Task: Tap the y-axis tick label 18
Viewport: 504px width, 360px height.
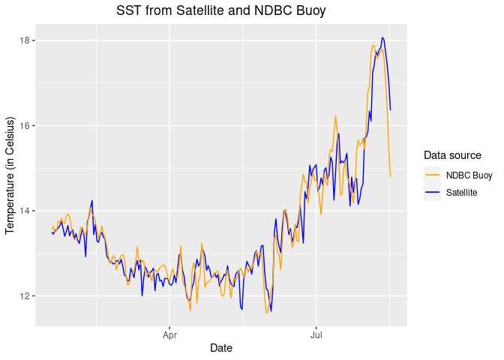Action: coord(24,40)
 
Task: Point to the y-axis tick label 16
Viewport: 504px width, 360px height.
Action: coord(24,125)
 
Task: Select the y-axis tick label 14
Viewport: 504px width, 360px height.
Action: coord(24,211)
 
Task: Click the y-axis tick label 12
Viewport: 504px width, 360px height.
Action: coord(24,296)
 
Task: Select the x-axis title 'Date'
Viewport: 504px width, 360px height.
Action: coord(221,348)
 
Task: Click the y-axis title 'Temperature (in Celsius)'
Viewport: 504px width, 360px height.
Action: coord(10,175)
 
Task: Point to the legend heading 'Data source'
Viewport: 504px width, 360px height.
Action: coord(452,155)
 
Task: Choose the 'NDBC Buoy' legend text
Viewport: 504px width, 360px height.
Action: coord(469,175)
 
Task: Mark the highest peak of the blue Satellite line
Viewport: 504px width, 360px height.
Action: coord(382,37)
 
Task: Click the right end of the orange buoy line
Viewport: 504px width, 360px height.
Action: coord(391,177)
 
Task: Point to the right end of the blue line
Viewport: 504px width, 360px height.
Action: coord(391,110)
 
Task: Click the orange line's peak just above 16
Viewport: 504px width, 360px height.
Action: coord(335,115)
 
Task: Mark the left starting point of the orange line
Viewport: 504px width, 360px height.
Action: coord(52,228)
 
